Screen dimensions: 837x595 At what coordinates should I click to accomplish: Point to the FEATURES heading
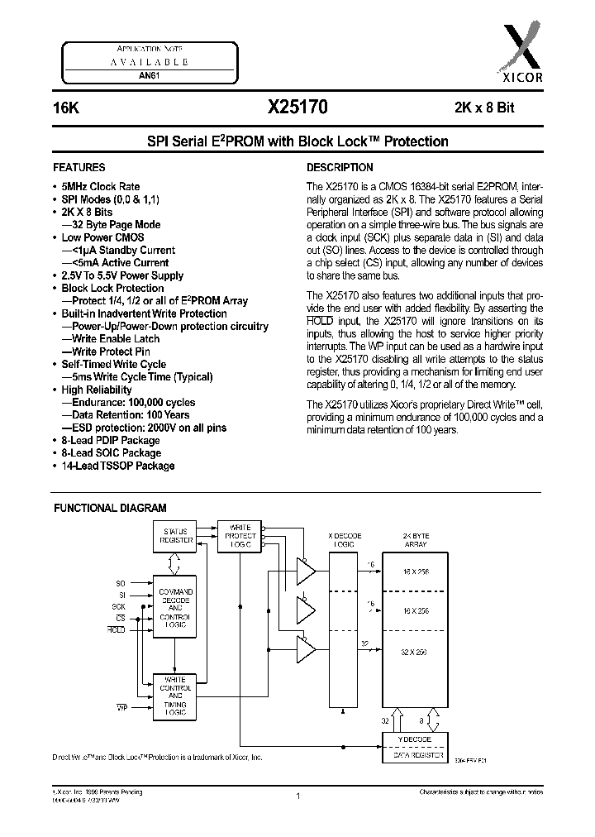(79, 166)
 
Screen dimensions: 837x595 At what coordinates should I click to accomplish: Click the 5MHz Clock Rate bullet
(100, 187)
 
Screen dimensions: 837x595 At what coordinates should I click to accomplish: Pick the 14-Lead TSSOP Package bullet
(117, 466)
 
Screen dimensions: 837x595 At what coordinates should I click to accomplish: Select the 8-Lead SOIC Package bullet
(111, 453)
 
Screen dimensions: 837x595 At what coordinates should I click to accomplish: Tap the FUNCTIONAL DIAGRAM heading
(110, 508)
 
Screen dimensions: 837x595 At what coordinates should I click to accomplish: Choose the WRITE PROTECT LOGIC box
(239, 537)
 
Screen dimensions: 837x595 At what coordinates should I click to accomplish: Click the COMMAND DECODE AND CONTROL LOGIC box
(175, 609)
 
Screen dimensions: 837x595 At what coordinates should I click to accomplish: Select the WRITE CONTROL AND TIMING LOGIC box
(175, 695)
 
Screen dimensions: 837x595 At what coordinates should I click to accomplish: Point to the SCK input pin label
(120, 606)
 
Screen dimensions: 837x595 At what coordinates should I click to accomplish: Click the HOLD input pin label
(117, 630)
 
